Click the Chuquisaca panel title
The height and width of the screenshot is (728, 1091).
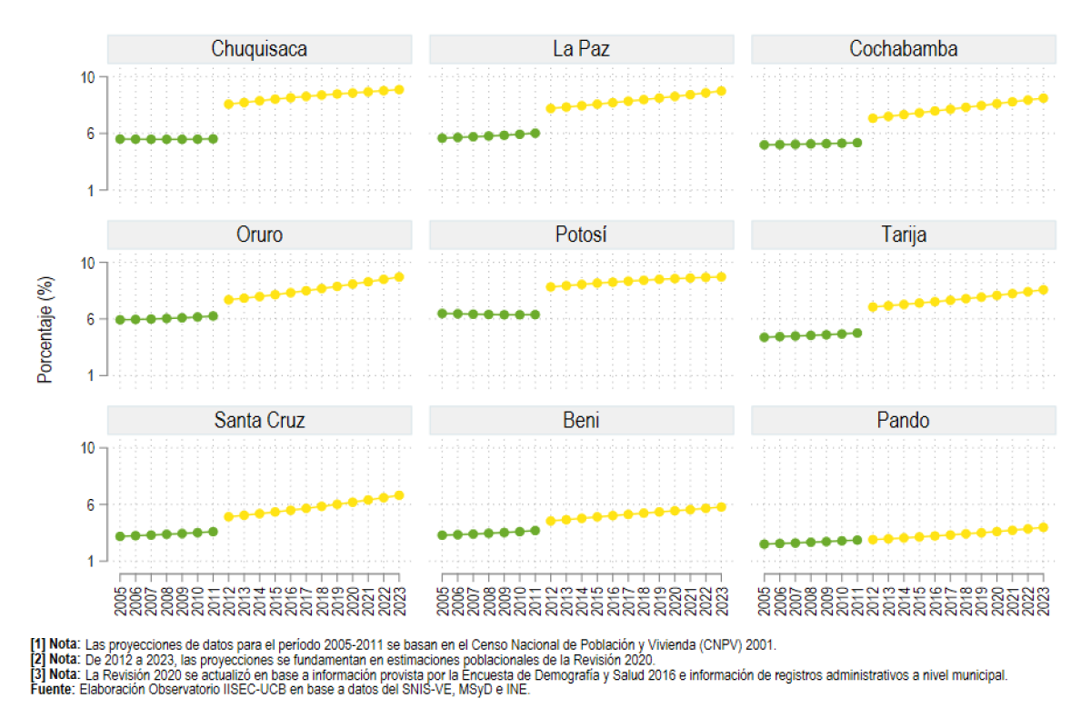pyautogui.click(x=259, y=49)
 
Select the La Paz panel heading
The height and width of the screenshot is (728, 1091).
pyautogui.click(x=581, y=49)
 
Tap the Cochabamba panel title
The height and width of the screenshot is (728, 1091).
pyautogui.click(x=904, y=49)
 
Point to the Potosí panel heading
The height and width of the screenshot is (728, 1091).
pyautogui.click(x=581, y=234)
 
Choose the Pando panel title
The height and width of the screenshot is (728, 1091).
pyautogui.click(x=903, y=420)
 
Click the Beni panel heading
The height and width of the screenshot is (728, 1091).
pyautogui.click(x=581, y=420)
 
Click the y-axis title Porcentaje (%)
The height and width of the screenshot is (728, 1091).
pyautogui.click(x=45, y=330)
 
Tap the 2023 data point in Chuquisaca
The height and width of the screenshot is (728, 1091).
pyautogui.click(x=399, y=90)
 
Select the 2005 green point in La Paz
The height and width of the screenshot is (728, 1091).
pyautogui.click(x=442, y=138)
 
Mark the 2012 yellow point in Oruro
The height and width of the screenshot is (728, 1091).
pyautogui.click(x=228, y=300)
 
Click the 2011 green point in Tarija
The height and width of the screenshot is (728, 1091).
pyautogui.click(x=857, y=333)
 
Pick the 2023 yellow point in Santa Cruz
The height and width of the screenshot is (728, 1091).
pyautogui.click(x=399, y=495)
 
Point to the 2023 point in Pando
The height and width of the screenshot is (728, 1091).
pyautogui.click(x=1043, y=527)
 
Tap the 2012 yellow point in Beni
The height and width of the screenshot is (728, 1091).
pyautogui.click(x=551, y=521)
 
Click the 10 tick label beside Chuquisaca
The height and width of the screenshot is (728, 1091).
pyautogui.click(x=87, y=77)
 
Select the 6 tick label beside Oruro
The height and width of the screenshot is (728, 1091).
pyautogui.click(x=91, y=319)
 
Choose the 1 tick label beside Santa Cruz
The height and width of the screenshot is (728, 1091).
pyautogui.click(x=91, y=562)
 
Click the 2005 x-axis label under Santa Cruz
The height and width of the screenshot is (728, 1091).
pyautogui.click(x=120, y=602)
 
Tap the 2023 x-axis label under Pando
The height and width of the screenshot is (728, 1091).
pyautogui.click(x=1043, y=602)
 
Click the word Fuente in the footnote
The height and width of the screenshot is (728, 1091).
pyautogui.click(x=52, y=690)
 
